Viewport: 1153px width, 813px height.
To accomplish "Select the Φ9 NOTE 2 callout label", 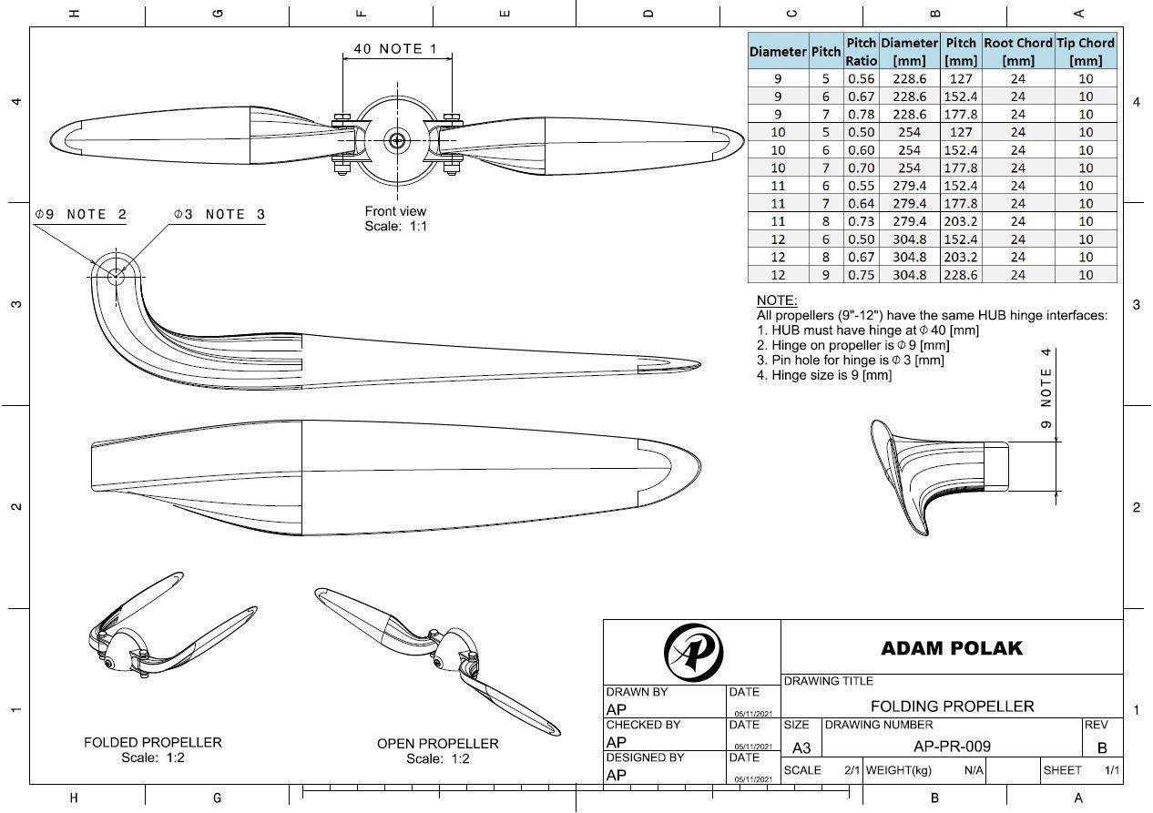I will tap(80, 215).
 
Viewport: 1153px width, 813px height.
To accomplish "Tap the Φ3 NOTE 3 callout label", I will tap(219, 215).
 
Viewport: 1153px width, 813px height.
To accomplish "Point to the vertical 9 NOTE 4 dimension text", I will tap(1046, 388).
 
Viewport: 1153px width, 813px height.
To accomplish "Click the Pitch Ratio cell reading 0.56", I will tap(861, 78).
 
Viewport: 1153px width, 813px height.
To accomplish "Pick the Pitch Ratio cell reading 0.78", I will tap(861, 114).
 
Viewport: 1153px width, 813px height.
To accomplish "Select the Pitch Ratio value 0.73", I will tap(861, 221).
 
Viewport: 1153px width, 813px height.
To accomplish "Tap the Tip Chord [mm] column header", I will tap(1085, 51).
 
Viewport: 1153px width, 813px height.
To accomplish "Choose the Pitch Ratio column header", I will tap(861, 51).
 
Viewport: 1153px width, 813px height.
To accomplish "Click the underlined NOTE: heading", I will tap(777, 300).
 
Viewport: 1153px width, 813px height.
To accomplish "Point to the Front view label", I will tap(395, 211).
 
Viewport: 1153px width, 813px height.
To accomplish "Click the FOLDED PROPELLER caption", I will tap(152, 742).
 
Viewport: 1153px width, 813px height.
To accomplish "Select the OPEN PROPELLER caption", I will tap(437, 744).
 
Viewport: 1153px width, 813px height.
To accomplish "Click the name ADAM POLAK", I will tap(952, 648).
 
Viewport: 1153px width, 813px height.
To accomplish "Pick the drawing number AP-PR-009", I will tap(952, 747).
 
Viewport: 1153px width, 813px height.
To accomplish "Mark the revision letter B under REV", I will tap(1102, 747).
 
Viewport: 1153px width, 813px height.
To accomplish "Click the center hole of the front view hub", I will tap(396, 140).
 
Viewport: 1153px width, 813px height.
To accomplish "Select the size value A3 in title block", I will tap(801, 747).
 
